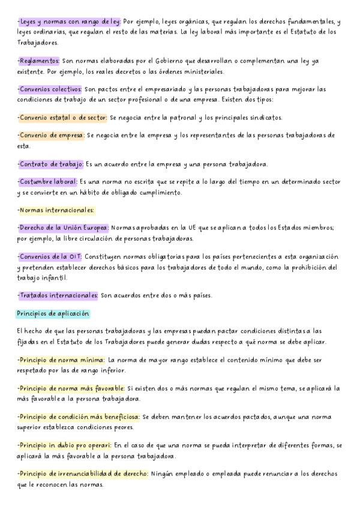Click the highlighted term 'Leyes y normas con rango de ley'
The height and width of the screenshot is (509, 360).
(69, 22)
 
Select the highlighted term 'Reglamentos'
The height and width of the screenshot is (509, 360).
(38, 61)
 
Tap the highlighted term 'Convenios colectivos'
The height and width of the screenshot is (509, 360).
(52, 89)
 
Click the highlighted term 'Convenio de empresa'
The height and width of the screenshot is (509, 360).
(51, 136)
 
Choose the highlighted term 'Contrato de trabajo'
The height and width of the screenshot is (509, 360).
(50, 164)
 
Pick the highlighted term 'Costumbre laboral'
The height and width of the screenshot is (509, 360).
(48, 182)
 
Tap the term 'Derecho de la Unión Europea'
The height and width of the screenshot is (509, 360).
(63, 228)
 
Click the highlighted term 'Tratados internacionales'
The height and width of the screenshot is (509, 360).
(58, 295)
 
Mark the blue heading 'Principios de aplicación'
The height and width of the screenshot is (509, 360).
(53, 314)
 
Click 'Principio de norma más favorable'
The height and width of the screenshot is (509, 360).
(71, 388)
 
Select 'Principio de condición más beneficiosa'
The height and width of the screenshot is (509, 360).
(79, 417)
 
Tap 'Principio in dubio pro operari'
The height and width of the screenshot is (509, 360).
(65, 445)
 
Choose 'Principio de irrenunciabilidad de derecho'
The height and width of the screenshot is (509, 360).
(83, 474)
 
